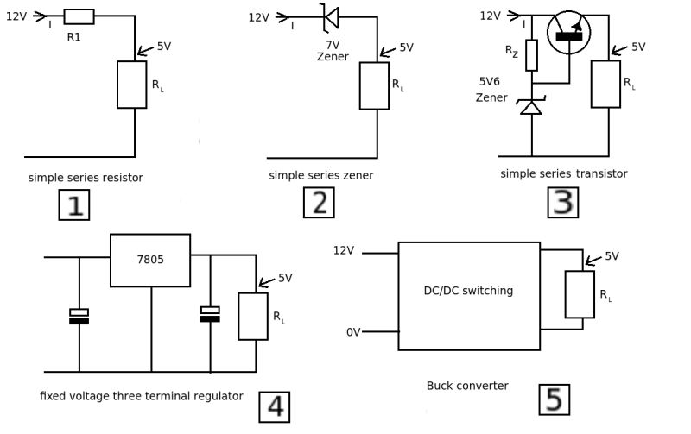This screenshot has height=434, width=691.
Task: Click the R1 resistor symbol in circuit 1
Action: (x=79, y=16)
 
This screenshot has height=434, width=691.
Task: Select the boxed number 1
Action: (x=73, y=204)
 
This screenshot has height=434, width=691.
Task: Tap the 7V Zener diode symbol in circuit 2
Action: (x=329, y=16)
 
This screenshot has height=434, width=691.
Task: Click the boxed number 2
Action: (x=319, y=203)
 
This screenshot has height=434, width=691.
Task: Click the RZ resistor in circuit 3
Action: (x=532, y=55)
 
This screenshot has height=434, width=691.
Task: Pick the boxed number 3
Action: (x=562, y=203)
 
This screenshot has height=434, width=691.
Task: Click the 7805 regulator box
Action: (x=150, y=260)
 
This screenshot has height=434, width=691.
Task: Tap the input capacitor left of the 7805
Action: (x=79, y=316)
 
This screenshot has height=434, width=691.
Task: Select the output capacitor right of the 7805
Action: (x=209, y=314)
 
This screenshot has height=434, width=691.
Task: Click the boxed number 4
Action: (x=275, y=406)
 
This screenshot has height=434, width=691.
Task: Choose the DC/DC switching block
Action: (x=468, y=295)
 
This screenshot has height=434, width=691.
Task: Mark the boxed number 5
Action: (x=554, y=399)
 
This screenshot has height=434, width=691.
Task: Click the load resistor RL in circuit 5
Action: (x=579, y=294)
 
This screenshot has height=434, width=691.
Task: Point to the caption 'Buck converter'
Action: (x=467, y=386)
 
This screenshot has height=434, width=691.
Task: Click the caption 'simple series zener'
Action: (x=319, y=175)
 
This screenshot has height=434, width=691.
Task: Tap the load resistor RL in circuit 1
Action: (x=131, y=85)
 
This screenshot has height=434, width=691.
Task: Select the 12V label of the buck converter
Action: (x=344, y=251)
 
